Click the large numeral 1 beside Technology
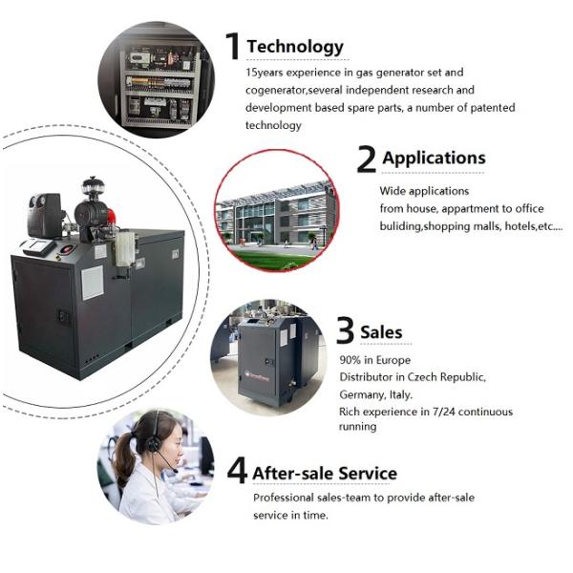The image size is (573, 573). pos(233,46)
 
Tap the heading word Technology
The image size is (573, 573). pos(295,47)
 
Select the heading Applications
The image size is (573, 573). pos(434,159)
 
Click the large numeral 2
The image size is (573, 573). pos(366,159)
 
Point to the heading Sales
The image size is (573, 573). pos(381,332)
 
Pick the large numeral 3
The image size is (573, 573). pos(345,330)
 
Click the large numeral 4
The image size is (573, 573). pos(237,471)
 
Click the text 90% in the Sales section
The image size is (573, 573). pos(350,360)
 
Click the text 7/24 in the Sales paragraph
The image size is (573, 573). pos(443,412)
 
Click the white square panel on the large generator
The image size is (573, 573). pos(93,283)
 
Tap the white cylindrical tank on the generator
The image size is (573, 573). pos(125,248)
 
